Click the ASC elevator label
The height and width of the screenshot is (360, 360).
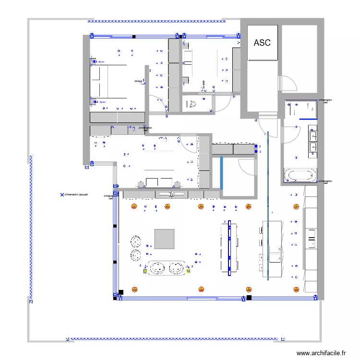point(262,43)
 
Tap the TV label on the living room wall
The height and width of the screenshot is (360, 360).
point(171,194)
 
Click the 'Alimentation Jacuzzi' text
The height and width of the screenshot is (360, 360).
point(79,195)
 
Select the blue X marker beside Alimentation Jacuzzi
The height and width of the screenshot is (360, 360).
point(61,195)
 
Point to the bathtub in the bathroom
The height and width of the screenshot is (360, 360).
point(300,174)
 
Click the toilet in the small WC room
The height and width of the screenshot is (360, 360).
point(192,103)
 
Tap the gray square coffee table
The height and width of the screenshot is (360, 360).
point(165,239)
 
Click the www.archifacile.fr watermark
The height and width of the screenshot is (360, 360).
point(321,353)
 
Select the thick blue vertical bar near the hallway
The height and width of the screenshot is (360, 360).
point(221,173)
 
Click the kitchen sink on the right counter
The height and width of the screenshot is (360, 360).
point(311,239)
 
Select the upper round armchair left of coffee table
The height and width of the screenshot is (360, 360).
point(136,240)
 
